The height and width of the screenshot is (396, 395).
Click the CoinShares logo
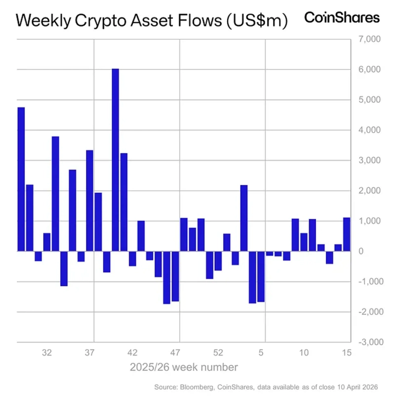click(342, 18)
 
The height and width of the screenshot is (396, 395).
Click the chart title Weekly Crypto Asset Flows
click(152, 21)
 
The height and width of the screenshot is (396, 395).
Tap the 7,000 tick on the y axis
click(368, 39)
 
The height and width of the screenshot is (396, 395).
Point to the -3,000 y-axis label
click(367, 342)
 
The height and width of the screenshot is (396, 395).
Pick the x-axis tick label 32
click(47, 353)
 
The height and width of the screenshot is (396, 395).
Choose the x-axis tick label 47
click(175, 353)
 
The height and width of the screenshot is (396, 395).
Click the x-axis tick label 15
click(347, 353)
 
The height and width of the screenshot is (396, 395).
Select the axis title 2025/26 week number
click(184, 367)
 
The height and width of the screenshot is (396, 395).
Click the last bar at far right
click(347, 234)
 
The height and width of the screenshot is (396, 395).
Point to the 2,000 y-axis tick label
click(368, 191)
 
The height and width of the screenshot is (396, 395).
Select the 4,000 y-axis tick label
click(368, 130)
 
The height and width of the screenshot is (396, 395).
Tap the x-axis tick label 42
click(132, 353)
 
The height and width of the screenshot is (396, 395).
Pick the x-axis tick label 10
click(304, 353)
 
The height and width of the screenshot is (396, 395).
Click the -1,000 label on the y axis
click(367, 282)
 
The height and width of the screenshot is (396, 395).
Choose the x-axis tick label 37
click(89, 353)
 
